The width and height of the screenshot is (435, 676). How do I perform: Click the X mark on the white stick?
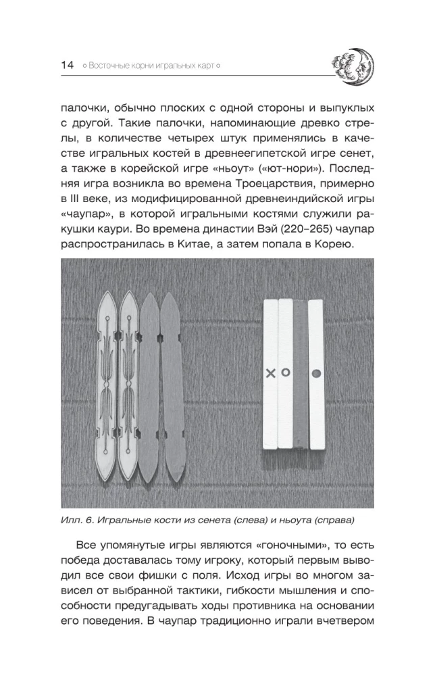click(270, 373)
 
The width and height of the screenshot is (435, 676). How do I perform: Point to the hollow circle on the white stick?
click(286, 372)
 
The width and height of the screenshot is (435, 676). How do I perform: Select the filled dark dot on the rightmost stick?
click(315, 373)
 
